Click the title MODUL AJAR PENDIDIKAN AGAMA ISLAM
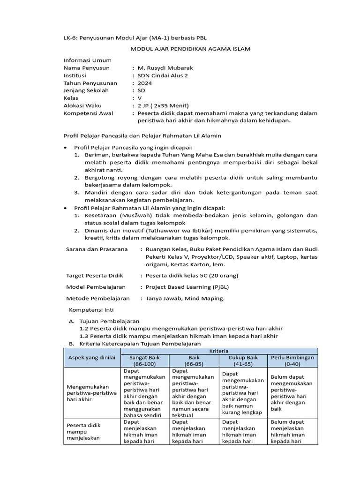(x=190, y=49)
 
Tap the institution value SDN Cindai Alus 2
(x=162, y=75)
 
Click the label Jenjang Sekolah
(x=86, y=90)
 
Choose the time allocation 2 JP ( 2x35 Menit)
(x=163, y=105)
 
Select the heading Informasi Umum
(x=88, y=60)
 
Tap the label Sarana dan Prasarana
(x=97, y=249)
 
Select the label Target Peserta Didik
(x=94, y=275)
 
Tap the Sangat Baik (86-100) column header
(x=144, y=360)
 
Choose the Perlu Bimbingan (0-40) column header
(x=292, y=360)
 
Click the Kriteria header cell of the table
(x=219, y=351)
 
